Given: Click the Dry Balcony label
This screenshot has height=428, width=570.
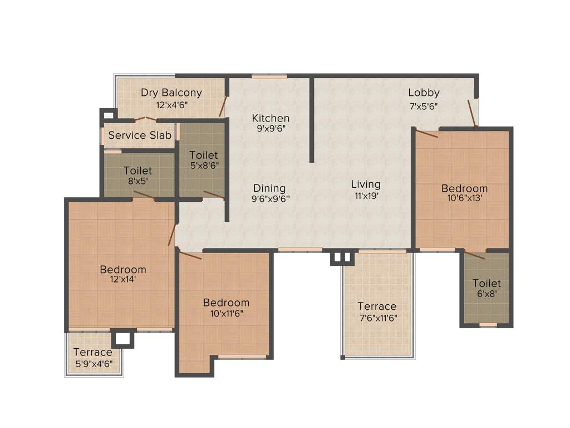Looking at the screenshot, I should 171,93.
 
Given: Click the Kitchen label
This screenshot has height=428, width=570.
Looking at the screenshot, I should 271,118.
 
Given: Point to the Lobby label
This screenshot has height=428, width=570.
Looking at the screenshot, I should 424,93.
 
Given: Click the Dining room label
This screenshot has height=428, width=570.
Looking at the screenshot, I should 269,188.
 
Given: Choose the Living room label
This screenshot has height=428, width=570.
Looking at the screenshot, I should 366,184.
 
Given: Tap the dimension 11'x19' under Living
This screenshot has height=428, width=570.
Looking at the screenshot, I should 366,196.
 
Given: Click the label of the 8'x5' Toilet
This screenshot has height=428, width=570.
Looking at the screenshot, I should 137,171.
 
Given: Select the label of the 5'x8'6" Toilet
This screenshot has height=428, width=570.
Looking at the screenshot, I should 203,155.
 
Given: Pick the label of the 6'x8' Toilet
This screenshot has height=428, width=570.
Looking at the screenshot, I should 487,283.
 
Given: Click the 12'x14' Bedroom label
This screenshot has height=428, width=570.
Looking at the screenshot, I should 123,270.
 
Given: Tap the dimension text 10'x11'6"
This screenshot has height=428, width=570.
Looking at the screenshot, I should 226,313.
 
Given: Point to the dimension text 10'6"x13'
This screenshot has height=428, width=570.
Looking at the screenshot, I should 464,198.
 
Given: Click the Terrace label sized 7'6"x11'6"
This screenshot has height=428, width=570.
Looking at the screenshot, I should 377,306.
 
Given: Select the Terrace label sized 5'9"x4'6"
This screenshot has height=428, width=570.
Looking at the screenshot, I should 92,352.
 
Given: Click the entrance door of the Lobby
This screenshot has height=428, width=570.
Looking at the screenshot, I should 472,113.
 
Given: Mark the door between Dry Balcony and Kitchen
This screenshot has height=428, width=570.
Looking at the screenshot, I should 223,106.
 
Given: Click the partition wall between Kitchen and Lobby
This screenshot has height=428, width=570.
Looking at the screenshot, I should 312,120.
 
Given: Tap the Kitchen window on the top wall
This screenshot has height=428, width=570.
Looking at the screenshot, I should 269,76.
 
